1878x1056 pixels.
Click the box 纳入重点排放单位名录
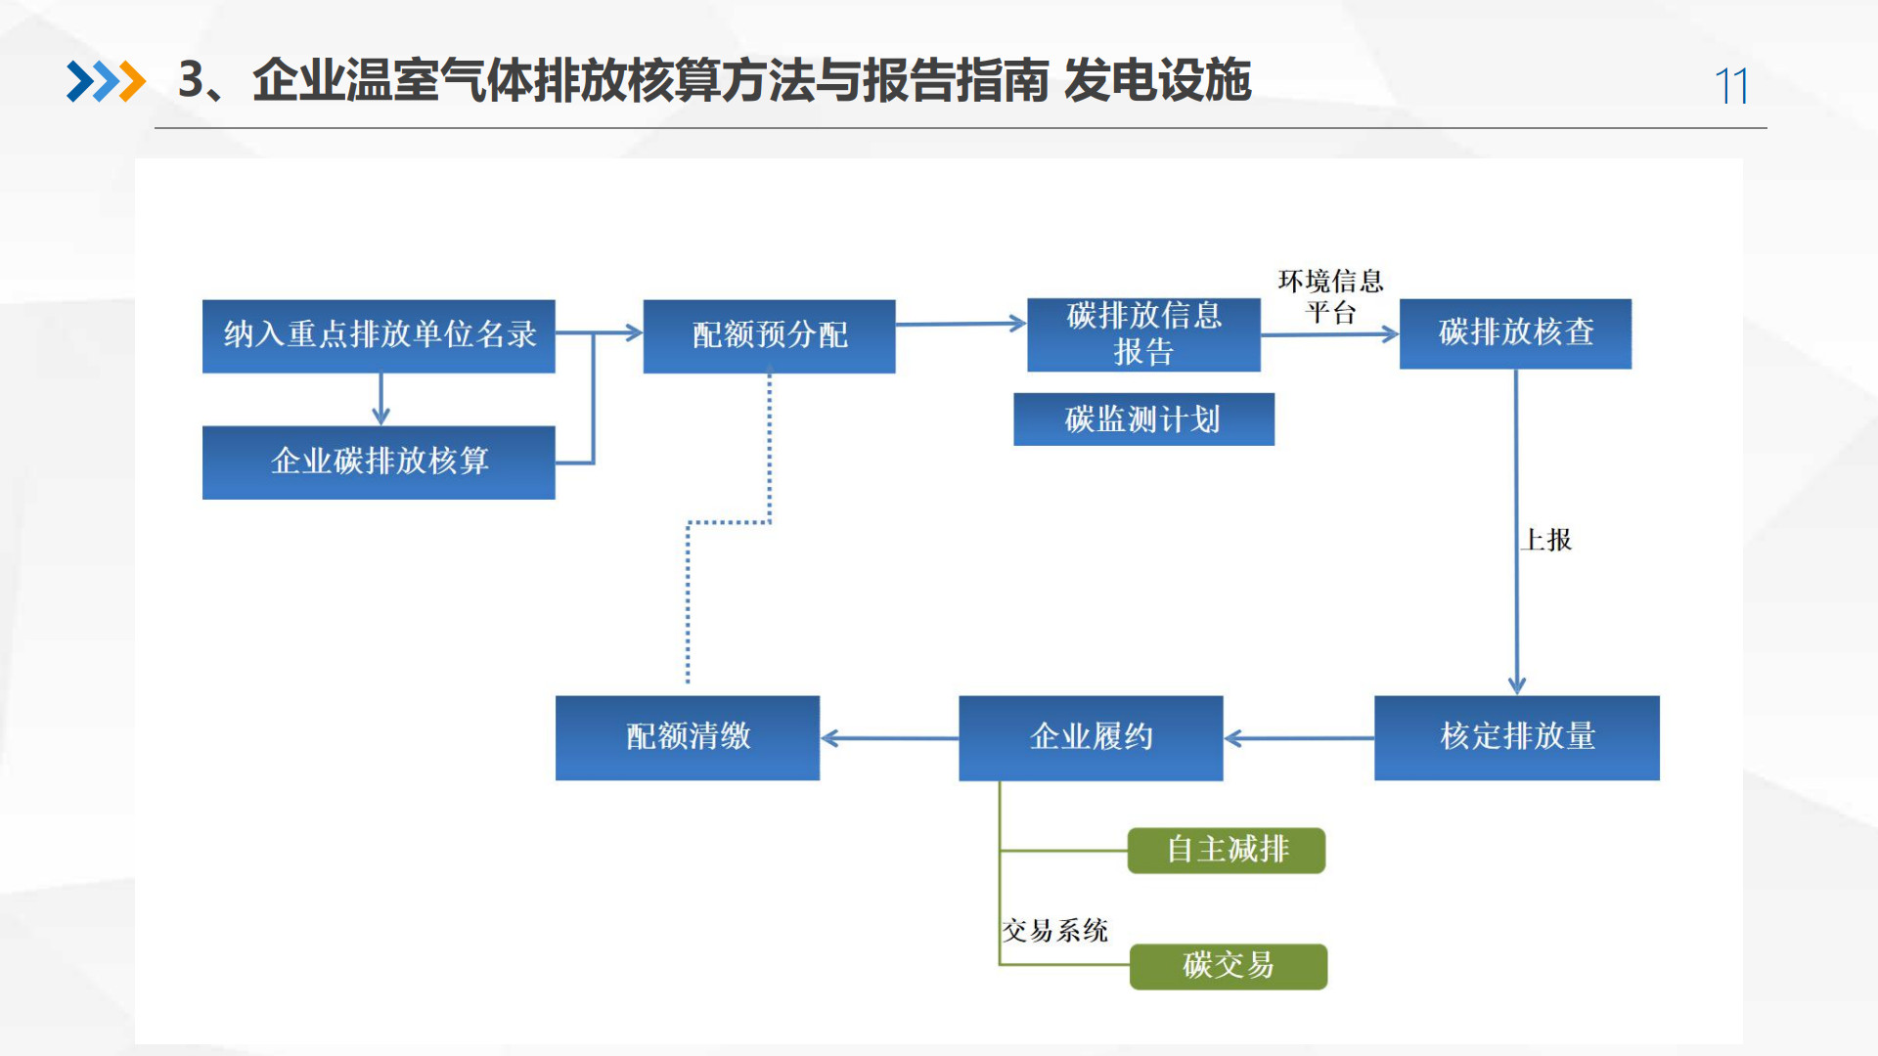pos(379,335)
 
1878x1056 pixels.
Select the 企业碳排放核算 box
pos(379,462)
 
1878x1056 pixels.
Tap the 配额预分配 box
pos(769,335)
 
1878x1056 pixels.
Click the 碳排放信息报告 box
pos(1143,334)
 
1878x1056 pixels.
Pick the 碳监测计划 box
pos(1143,419)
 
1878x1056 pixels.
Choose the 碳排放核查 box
pos(1515,333)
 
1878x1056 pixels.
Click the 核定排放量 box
pos(1516,737)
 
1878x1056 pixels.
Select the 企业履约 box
pos(1091,737)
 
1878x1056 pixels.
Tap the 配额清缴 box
pos(688,737)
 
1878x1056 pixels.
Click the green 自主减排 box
pos(1227,850)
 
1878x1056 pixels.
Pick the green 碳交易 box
pos(1229,966)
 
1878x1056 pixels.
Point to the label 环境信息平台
pos(1330,296)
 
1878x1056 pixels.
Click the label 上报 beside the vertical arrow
pos(1547,540)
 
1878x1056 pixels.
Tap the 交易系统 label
pos(1055,930)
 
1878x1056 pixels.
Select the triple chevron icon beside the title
pos(106,81)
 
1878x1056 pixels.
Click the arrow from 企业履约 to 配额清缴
pos(889,738)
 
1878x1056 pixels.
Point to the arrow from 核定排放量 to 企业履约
pos(1298,738)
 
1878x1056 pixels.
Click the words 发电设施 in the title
pos(1157,80)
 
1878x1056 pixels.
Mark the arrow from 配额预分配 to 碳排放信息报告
pos(961,324)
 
